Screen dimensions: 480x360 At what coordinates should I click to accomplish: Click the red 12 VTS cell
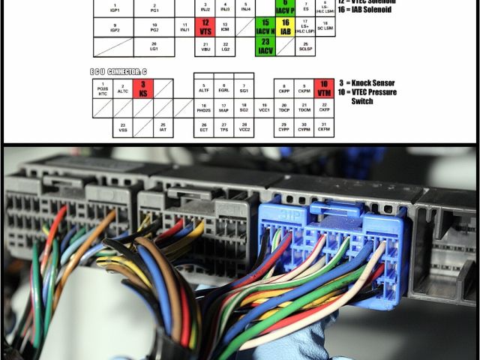click(205, 28)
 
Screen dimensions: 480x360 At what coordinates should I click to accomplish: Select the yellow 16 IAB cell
click(286, 28)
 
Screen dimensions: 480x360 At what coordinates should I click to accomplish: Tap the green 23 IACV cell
click(265, 46)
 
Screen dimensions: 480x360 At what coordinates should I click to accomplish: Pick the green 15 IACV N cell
click(265, 28)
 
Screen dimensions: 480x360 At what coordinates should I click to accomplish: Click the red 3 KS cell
click(142, 88)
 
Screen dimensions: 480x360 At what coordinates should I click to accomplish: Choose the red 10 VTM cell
click(323, 88)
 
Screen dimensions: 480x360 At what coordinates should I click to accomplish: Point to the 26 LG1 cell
click(154, 46)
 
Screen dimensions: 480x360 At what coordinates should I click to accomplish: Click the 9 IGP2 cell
click(115, 28)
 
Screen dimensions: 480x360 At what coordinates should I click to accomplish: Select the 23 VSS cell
click(123, 127)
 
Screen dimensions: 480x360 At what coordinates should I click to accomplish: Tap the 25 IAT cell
click(163, 127)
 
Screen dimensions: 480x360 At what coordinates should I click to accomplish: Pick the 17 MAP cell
click(223, 108)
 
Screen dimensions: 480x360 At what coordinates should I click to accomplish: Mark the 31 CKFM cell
click(323, 127)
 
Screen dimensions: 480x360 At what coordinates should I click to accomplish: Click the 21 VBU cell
click(205, 46)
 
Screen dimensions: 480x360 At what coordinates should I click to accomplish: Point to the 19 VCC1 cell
click(264, 108)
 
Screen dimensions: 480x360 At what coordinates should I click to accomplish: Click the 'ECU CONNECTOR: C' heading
click(118, 70)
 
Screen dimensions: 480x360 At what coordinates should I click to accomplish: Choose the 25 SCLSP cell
click(305, 46)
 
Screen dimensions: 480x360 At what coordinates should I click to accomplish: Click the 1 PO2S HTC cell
click(103, 88)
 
